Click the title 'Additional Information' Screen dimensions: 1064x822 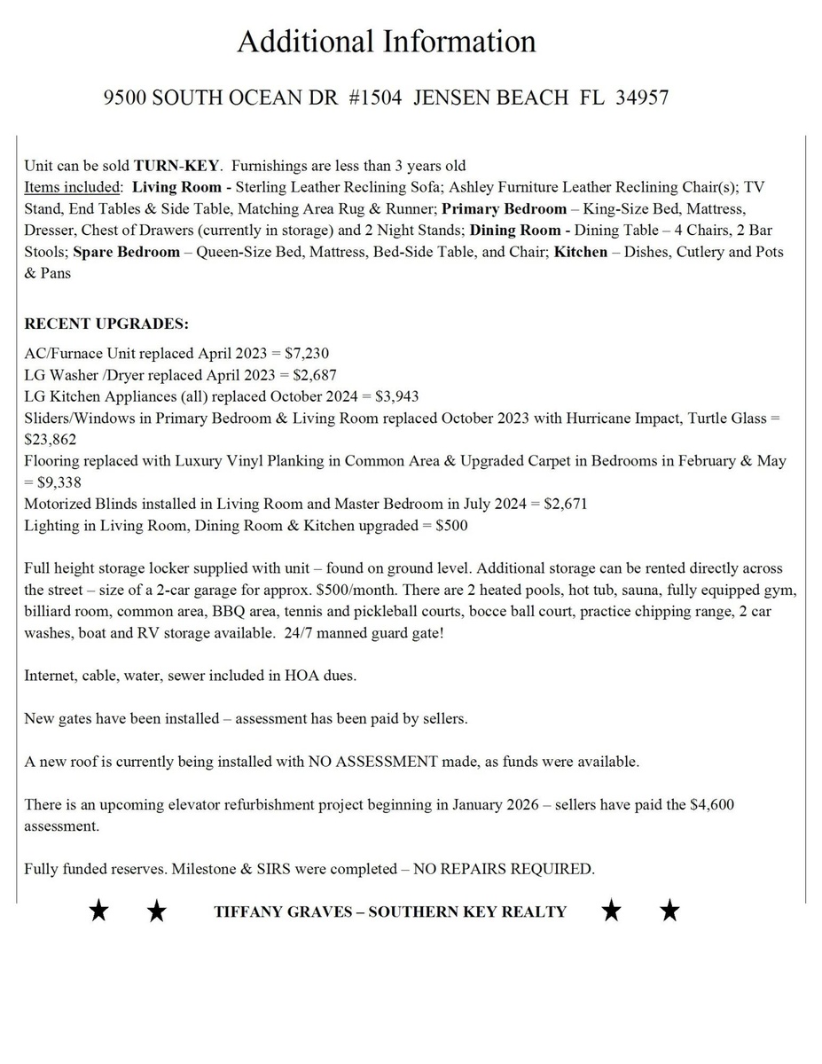387,42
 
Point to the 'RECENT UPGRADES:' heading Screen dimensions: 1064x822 106,324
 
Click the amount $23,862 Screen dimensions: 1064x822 51,439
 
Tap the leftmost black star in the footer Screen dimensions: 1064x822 98,911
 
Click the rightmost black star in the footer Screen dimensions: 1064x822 670,911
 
